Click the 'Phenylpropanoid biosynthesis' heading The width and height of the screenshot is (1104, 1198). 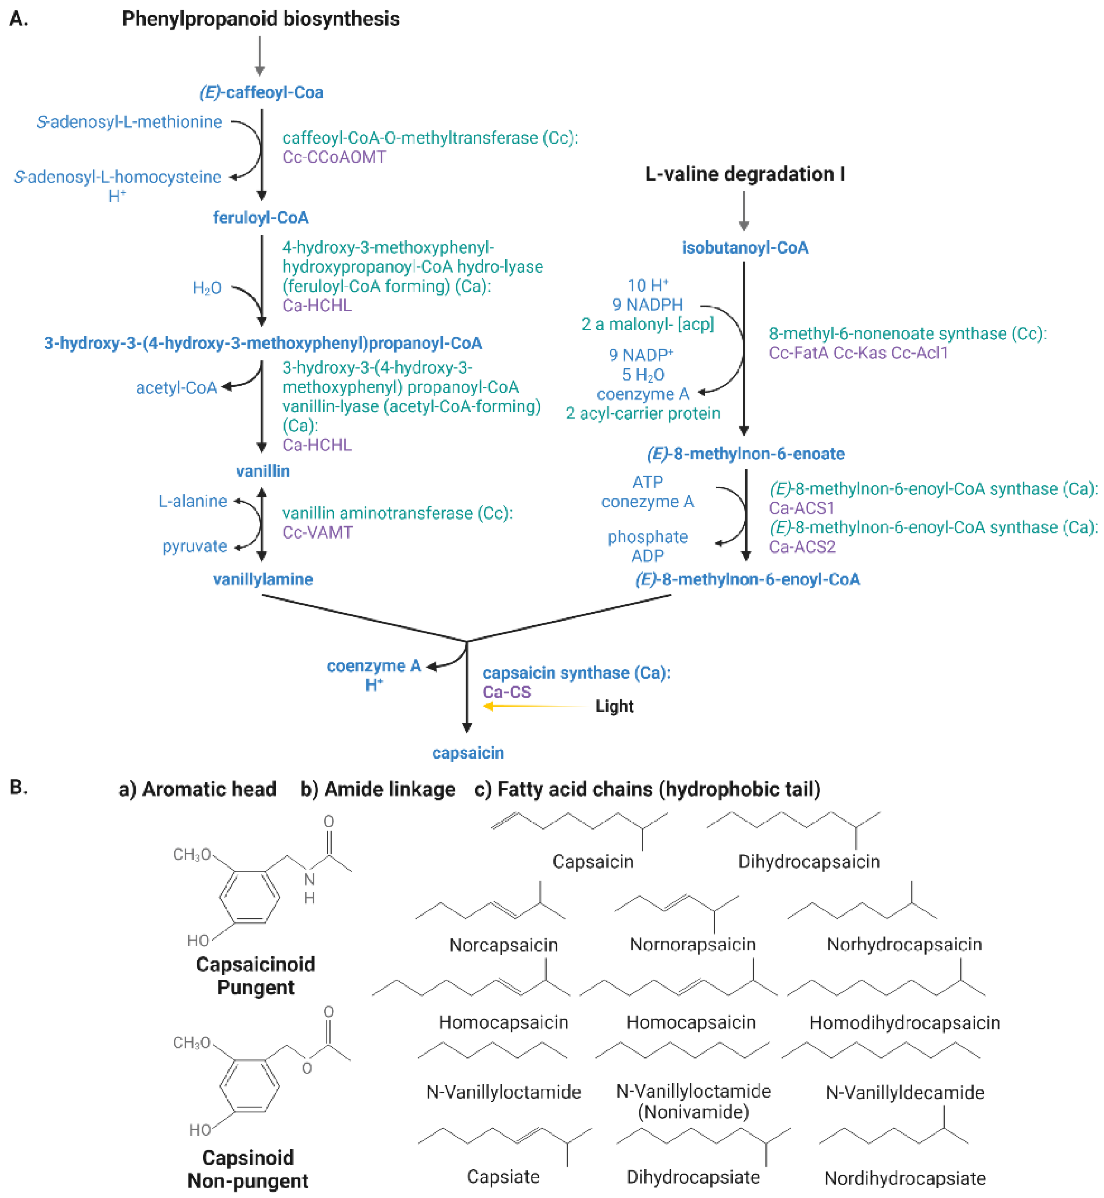point(260,19)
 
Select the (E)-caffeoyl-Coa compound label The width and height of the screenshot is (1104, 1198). point(261,93)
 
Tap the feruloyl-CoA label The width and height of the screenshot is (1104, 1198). point(261,218)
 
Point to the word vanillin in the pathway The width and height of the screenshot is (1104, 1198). point(263,471)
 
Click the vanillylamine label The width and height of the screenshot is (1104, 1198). point(263,579)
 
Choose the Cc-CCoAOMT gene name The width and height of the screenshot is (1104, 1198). point(334,157)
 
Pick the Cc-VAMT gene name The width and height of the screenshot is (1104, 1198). point(317,533)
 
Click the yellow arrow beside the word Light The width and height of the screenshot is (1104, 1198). point(535,706)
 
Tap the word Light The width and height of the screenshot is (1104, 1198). point(614,706)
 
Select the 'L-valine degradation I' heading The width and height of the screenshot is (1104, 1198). point(744,175)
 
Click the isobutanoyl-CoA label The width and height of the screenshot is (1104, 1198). point(745,248)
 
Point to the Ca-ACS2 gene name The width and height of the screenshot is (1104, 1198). point(802,547)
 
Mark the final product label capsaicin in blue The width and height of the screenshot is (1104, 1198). point(468,753)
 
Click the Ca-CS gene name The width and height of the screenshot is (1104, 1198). point(507,692)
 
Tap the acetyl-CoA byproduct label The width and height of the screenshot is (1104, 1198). point(176,388)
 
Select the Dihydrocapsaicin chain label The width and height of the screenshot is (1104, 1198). point(809,861)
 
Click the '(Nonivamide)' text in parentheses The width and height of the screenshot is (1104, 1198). point(693,1112)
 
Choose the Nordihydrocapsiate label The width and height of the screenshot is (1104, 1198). point(905,1179)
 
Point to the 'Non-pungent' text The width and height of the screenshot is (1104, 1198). point(248,1181)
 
